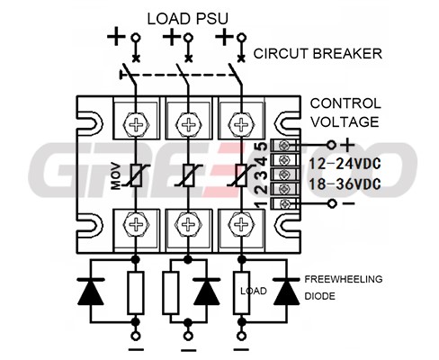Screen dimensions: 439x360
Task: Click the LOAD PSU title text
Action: (187, 19)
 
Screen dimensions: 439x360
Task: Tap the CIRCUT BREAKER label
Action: (318, 54)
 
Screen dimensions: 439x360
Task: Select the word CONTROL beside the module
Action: (345, 103)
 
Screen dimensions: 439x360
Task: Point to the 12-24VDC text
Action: (345, 164)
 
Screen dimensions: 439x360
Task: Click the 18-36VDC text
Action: (345, 184)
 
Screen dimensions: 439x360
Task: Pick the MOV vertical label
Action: (116, 176)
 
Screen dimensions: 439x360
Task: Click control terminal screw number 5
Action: (282, 146)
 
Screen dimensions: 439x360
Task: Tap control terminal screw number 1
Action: (282, 204)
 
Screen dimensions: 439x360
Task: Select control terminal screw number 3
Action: (282, 175)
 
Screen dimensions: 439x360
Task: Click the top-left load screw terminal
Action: (136, 124)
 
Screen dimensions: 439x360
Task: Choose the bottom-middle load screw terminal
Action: (188, 224)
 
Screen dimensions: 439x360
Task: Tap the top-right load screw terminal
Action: (240, 124)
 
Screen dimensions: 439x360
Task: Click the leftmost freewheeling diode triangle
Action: (91, 292)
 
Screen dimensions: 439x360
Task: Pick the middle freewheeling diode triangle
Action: (207, 292)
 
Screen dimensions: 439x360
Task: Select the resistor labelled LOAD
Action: (241, 292)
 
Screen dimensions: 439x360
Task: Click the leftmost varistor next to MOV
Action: (136, 175)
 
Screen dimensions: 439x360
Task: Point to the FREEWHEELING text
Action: (344, 279)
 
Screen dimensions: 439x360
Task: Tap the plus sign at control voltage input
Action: (347, 146)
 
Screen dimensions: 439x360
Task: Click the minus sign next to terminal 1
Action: (348, 203)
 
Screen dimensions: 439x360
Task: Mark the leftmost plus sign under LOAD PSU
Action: (116, 37)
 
